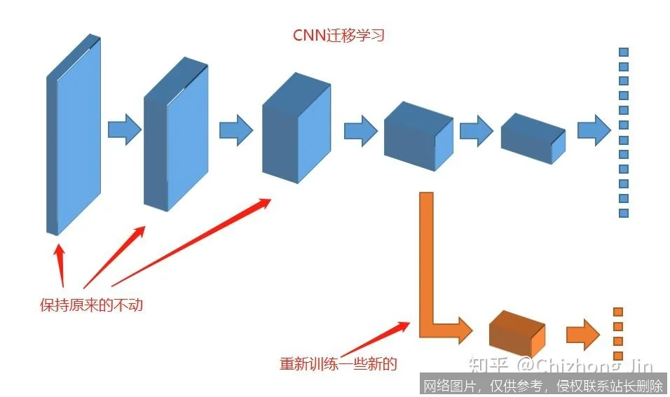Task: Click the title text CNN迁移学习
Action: tap(339, 35)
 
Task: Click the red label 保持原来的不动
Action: tap(91, 305)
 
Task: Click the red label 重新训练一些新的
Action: tap(339, 364)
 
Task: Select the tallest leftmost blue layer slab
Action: tap(74, 137)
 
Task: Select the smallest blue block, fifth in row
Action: tap(533, 138)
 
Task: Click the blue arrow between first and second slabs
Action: tap(125, 130)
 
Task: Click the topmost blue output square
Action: tap(623, 52)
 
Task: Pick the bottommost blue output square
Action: tap(623, 213)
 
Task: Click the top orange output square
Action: tap(618, 312)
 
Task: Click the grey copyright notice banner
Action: tap(544, 384)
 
